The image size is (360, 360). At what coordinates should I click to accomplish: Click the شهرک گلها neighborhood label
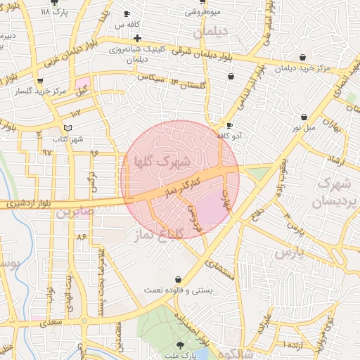pyautogui.click(x=163, y=160)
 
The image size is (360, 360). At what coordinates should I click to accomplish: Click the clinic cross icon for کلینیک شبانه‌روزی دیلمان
pyautogui.click(x=137, y=37)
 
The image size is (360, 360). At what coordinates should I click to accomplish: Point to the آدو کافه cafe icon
pyautogui.click(x=229, y=125)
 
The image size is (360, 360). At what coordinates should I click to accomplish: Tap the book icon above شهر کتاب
pyautogui.click(x=67, y=127)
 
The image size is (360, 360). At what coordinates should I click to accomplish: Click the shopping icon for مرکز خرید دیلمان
pyautogui.click(x=302, y=58)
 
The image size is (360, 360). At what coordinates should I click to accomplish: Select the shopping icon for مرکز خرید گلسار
pyautogui.click(x=48, y=80)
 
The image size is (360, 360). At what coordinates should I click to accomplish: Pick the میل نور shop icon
pyautogui.click(x=304, y=117)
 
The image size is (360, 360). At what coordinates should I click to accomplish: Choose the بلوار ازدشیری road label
pyautogui.click(x=29, y=204)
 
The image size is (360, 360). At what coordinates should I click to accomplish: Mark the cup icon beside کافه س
pyautogui.click(x=127, y=13)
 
